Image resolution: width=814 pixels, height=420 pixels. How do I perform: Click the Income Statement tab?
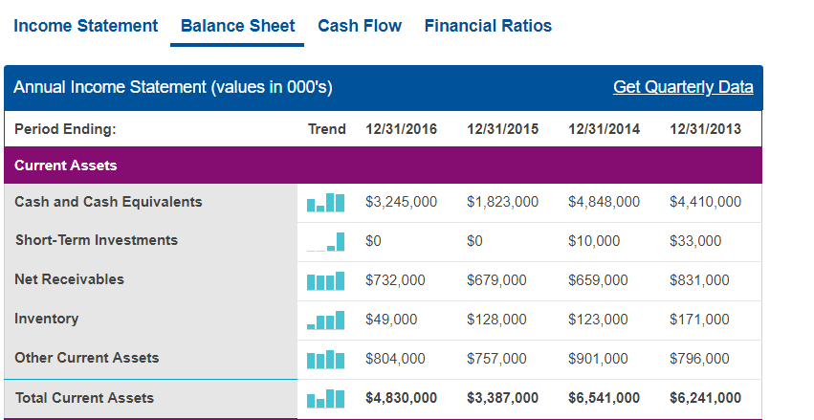tap(86, 26)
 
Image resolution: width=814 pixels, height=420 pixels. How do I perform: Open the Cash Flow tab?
tap(360, 26)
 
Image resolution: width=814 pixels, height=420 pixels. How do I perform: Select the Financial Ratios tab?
tap(488, 26)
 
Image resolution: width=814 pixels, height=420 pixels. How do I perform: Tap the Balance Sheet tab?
tap(238, 26)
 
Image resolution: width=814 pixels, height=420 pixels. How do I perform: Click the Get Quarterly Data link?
tap(683, 87)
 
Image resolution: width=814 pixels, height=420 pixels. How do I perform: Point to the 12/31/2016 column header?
tap(402, 129)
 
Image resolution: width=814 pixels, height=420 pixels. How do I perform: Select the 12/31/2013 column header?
tap(706, 129)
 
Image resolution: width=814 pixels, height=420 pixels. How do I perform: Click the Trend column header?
tap(326, 129)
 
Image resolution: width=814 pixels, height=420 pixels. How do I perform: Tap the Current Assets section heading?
tap(66, 166)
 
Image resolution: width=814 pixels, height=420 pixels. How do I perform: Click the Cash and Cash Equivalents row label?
tap(108, 202)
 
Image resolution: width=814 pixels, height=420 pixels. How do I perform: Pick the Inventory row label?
tap(47, 319)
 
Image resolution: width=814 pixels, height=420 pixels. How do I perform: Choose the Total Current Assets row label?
tap(84, 398)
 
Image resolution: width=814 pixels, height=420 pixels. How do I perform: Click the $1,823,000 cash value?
tap(502, 202)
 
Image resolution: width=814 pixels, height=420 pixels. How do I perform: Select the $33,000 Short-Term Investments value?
tap(695, 241)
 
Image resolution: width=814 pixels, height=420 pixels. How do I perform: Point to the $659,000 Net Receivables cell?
tap(598, 279)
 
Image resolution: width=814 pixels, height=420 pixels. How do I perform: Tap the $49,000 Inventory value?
tap(391, 320)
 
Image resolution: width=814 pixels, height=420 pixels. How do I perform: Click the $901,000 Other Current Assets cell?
tap(598, 358)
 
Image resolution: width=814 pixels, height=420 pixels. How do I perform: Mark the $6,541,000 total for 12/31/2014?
tap(605, 398)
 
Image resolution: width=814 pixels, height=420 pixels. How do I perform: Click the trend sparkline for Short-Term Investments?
tap(325, 242)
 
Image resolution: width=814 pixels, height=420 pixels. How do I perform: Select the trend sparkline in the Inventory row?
tap(325, 321)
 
